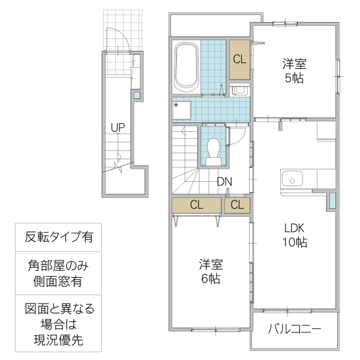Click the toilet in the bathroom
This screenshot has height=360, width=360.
click(212, 149)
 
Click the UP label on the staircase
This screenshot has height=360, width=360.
click(118, 127)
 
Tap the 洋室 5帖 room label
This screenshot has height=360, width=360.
click(295, 71)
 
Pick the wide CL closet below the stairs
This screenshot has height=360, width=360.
click(197, 205)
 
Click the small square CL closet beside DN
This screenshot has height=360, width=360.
click(237, 205)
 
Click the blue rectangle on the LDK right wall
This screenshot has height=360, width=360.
click(332, 201)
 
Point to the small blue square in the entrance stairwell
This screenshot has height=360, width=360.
click(137, 95)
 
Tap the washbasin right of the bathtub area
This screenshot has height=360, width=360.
click(240, 90)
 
